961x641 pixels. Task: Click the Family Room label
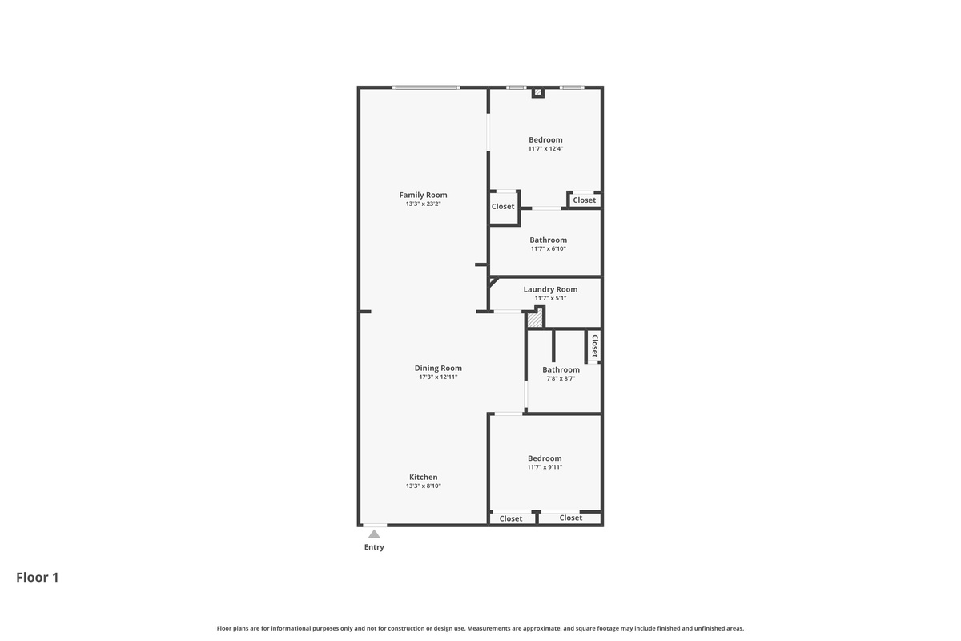[x=423, y=195]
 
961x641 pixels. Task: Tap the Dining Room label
[x=438, y=368]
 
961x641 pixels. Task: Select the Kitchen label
[x=423, y=477]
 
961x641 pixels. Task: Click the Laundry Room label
[x=550, y=289]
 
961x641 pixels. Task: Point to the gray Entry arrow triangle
[x=374, y=534]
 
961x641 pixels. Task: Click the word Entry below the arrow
[x=374, y=547]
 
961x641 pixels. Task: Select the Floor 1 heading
[x=38, y=578]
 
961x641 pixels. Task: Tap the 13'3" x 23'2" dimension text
[x=423, y=204]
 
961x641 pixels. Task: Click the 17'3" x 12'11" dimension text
[x=438, y=377]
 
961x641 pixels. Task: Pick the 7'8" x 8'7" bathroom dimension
[x=561, y=379]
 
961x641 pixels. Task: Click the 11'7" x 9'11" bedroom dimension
[x=545, y=467]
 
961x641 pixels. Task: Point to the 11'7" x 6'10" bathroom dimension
[x=548, y=249]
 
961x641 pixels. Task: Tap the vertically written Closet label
[x=594, y=345]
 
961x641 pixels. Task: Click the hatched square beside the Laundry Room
[x=535, y=320]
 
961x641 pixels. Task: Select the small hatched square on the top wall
[x=537, y=92]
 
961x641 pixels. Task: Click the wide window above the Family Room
[x=426, y=87]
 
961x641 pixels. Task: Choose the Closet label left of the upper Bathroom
[x=502, y=207]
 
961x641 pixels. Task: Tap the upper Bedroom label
[x=545, y=140]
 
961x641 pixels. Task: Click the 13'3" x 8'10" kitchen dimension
[x=423, y=486]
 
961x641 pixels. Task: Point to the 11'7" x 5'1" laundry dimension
[x=550, y=298]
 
